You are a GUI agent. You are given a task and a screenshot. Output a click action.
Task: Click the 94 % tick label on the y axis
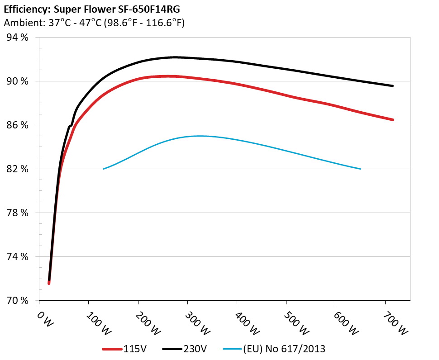click(18, 38)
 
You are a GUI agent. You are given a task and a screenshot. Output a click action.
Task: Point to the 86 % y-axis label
click(18, 125)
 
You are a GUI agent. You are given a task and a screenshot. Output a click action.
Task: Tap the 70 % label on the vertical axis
click(18, 301)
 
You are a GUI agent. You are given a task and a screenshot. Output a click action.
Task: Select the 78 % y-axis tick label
click(18, 213)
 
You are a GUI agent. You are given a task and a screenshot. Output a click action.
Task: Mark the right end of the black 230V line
click(392, 85)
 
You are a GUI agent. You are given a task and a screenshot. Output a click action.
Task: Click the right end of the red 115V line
click(392, 120)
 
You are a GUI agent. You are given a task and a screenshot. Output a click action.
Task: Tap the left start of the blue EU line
click(104, 169)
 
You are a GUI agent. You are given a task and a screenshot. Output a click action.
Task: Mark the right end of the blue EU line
click(360, 169)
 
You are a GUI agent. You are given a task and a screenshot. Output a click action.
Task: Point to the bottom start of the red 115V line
click(49, 283)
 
